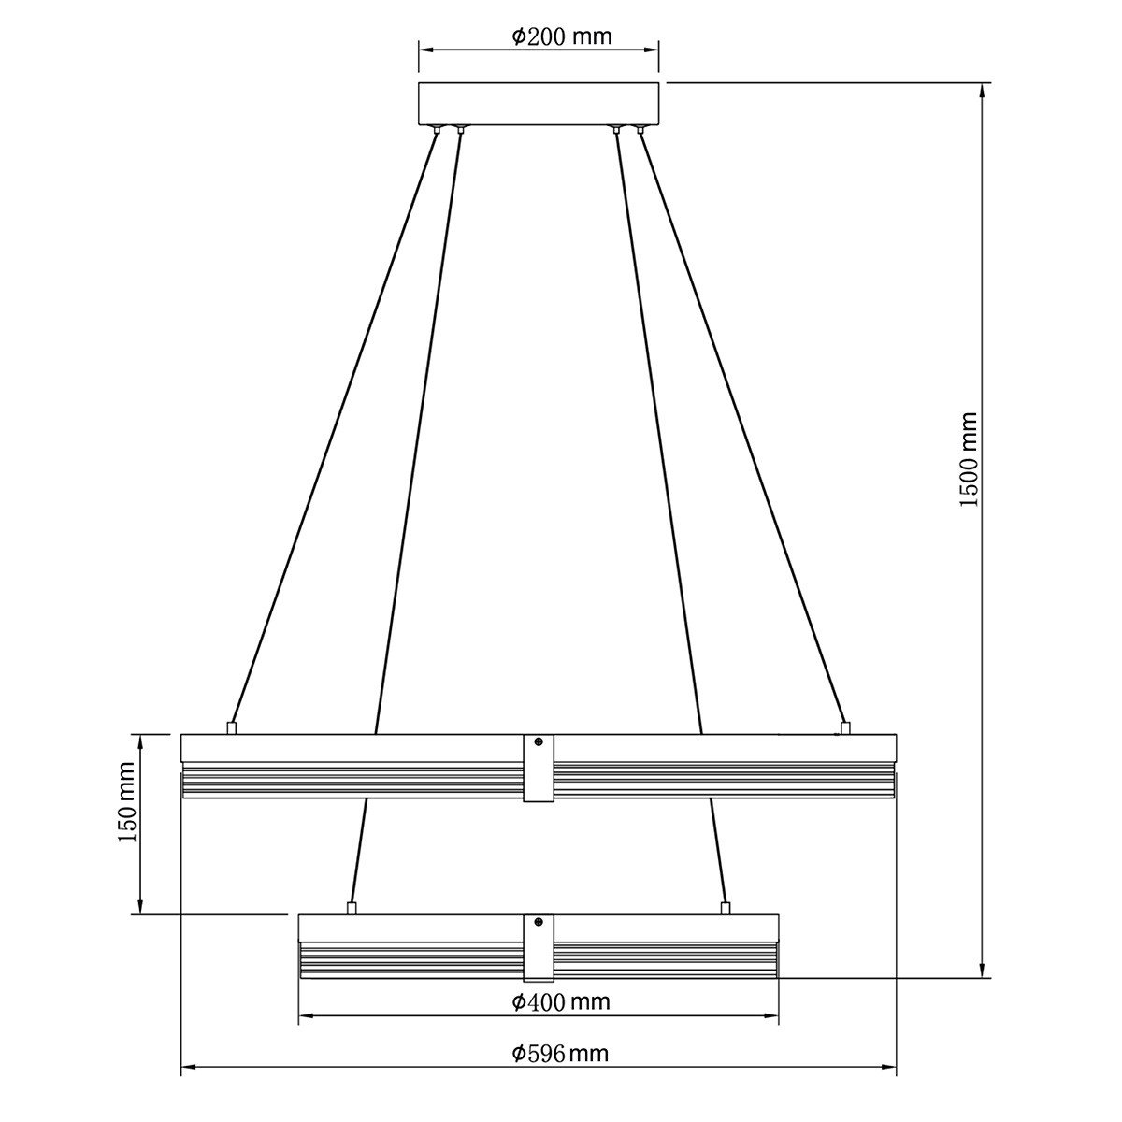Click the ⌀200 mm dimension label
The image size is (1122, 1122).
[561, 37]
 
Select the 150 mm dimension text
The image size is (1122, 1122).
[127, 802]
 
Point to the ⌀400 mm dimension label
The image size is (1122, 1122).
[561, 1002]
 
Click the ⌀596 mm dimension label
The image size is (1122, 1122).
[560, 1055]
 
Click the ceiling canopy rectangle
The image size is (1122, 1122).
[539, 104]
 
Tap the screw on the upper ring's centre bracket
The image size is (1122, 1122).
[539, 742]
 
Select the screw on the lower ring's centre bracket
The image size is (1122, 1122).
[539, 923]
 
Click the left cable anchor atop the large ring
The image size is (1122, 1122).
[231, 726]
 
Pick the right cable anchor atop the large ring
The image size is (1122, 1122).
[845, 726]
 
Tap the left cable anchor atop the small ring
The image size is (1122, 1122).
[352, 907]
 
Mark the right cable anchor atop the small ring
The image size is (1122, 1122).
[725, 907]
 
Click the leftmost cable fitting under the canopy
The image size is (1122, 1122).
[437, 129]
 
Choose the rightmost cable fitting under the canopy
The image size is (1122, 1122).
[640, 129]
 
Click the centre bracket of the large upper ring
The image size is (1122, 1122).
[539, 768]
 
